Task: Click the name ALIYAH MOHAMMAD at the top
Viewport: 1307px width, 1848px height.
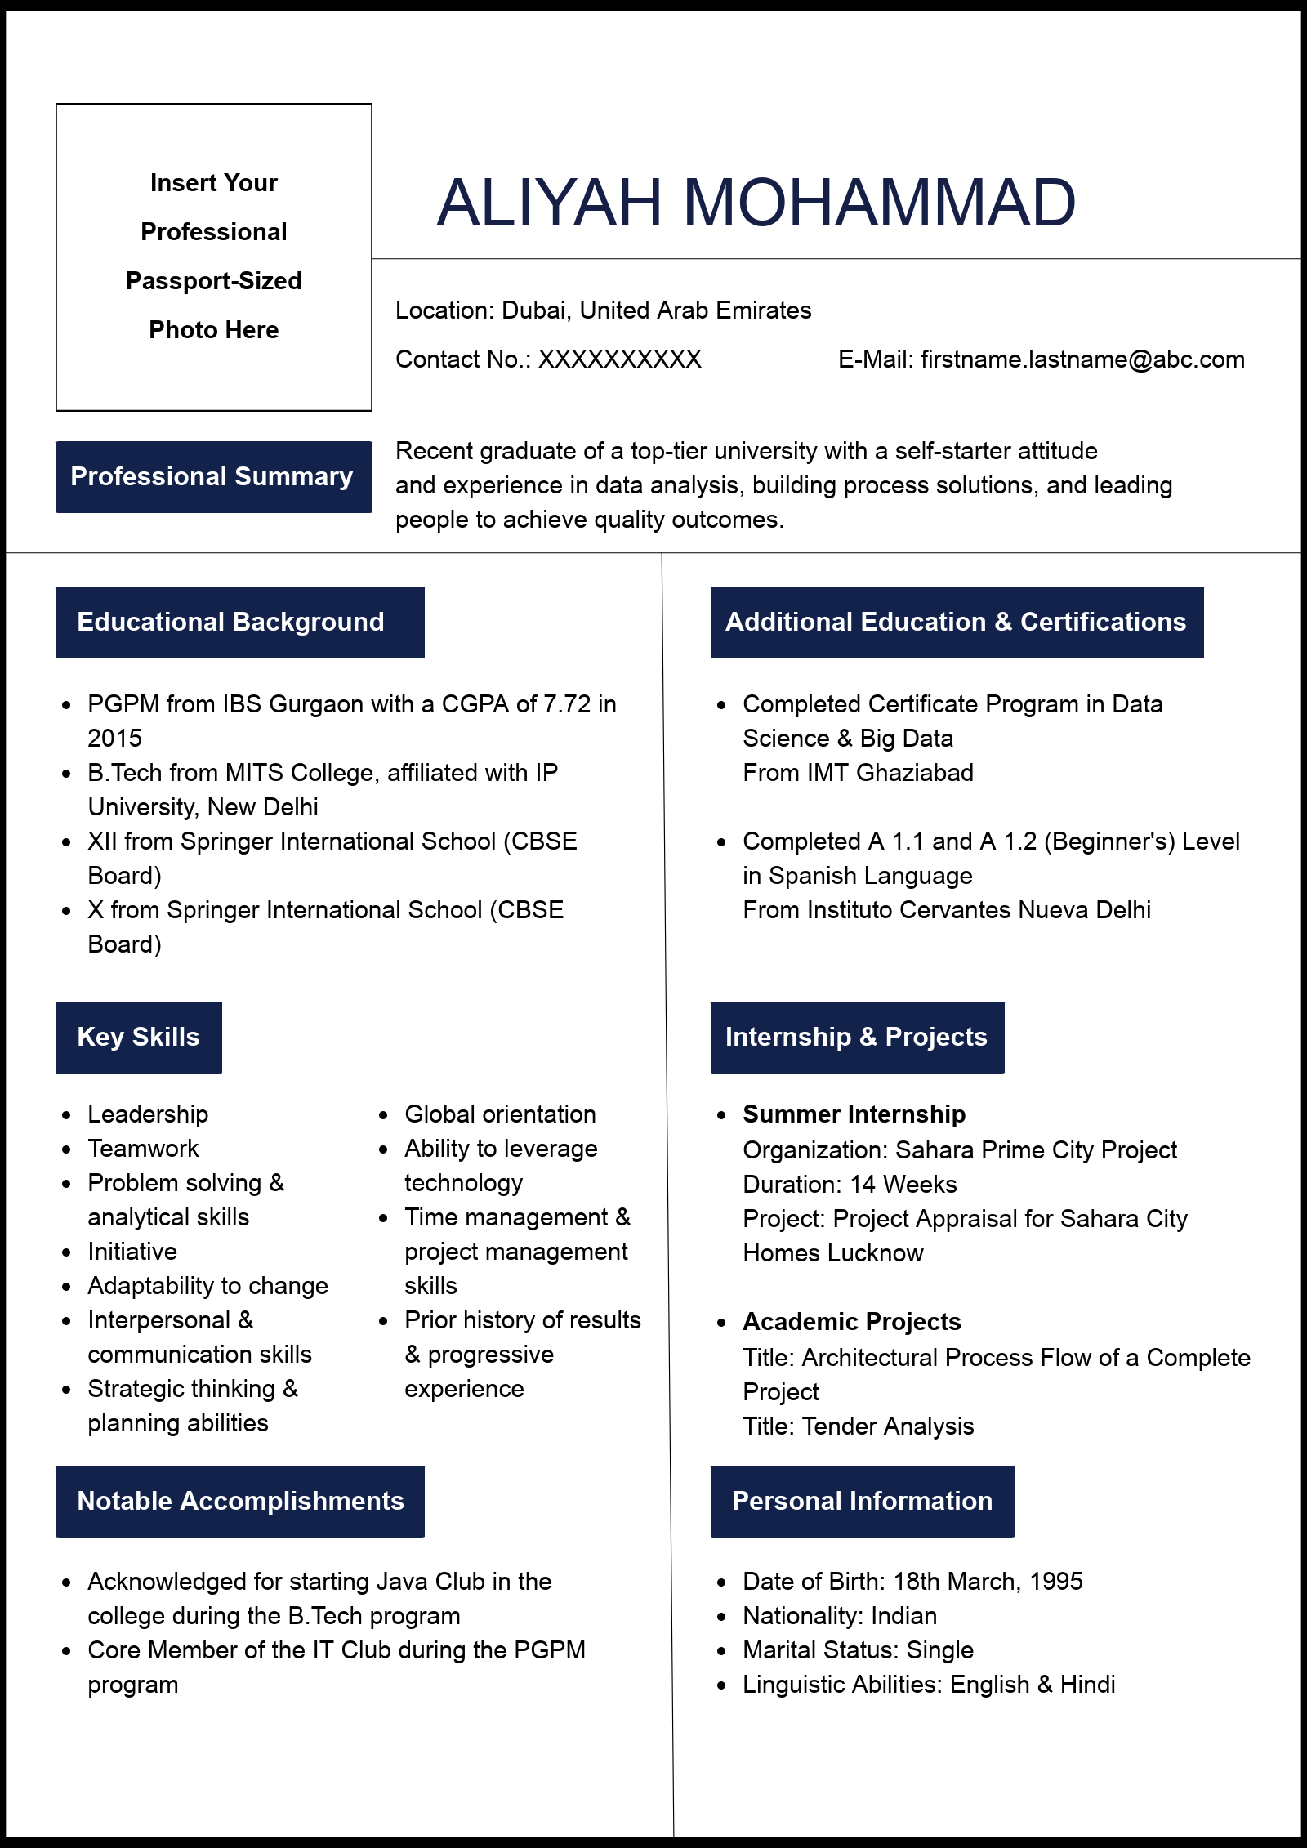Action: click(x=756, y=203)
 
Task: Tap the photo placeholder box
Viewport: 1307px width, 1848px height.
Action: click(x=214, y=257)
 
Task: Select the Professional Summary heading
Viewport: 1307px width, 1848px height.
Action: click(x=213, y=477)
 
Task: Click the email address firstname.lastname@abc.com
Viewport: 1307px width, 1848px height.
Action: click(x=1082, y=359)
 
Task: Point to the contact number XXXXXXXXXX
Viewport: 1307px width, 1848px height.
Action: click(x=619, y=359)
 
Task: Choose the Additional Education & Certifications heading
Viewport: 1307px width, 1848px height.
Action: click(x=957, y=623)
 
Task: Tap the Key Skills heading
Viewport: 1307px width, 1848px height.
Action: click(x=139, y=1038)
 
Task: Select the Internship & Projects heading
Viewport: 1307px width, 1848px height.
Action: click(x=857, y=1038)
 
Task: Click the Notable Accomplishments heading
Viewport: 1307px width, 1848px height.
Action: click(x=239, y=1502)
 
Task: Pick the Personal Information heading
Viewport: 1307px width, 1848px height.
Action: click(x=862, y=1502)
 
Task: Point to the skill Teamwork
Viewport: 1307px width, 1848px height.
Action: click(x=143, y=1149)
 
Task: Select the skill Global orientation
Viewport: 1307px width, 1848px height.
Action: click(x=500, y=1114)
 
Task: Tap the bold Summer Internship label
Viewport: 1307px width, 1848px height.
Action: click(x=854, y=1114)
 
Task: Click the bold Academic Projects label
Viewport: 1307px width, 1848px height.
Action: click(x=851, y=1322)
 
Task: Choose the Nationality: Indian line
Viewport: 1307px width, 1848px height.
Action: click(x=839, y=1616)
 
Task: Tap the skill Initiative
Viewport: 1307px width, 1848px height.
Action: click(x=132, y=1252)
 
